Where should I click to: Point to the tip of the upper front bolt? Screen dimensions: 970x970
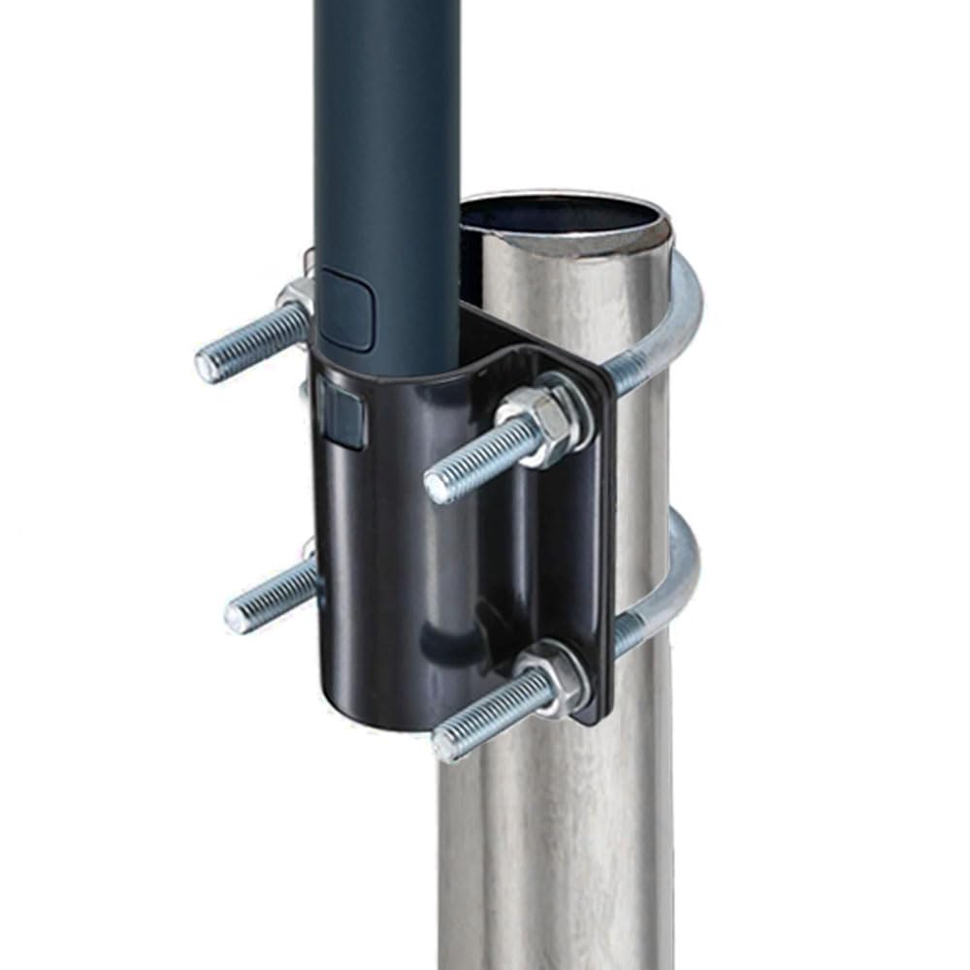(437, 486)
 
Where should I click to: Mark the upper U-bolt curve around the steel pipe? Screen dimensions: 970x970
(683, 310)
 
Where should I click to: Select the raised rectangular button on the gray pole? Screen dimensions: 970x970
(345, 310)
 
